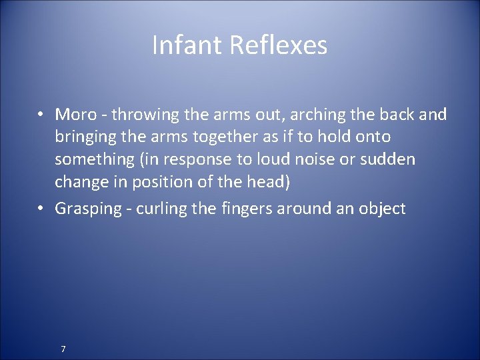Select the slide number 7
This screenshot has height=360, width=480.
pos(63,348)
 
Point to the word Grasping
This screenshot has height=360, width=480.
pos(84,208)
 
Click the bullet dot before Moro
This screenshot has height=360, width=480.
pos(41,114)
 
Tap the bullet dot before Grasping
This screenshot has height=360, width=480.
pos(41,208)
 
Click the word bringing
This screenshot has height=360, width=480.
pos(85,137)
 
